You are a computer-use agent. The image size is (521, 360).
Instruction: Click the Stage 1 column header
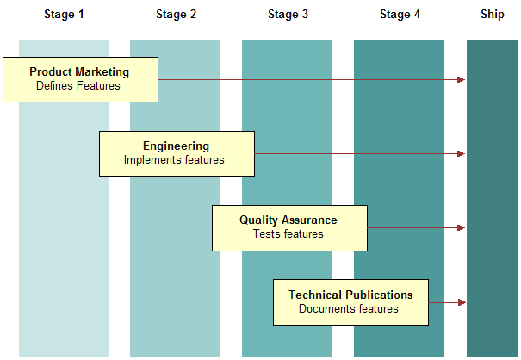point(65,15)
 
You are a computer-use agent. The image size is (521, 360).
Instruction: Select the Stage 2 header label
point(177,15)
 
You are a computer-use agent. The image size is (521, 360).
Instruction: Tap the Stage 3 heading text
point(288,15)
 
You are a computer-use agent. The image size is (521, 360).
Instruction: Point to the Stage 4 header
point(400,15)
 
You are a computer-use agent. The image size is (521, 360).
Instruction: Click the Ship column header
point(493,15)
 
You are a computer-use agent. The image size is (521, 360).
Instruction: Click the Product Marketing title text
point(79,72)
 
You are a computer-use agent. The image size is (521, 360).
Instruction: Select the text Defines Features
point(78,86)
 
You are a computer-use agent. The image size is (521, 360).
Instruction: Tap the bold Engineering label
point(176,146)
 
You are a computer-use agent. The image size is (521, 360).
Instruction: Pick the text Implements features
point(174,160)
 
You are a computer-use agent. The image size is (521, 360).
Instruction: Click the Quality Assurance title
point(288,220)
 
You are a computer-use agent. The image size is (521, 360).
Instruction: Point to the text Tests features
point(288,234)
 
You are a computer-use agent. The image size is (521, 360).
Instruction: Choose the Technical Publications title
point(350,295)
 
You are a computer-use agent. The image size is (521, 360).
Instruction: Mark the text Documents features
point(349,308)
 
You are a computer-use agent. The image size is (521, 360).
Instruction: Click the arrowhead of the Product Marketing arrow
point(462,80)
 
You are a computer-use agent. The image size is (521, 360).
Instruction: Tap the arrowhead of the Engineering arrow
point(462,154)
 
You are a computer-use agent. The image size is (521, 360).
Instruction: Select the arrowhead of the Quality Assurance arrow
point(462,228)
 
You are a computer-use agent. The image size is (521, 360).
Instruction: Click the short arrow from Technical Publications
point(447,302)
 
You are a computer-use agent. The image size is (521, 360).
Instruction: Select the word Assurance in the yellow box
point(311,220)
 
